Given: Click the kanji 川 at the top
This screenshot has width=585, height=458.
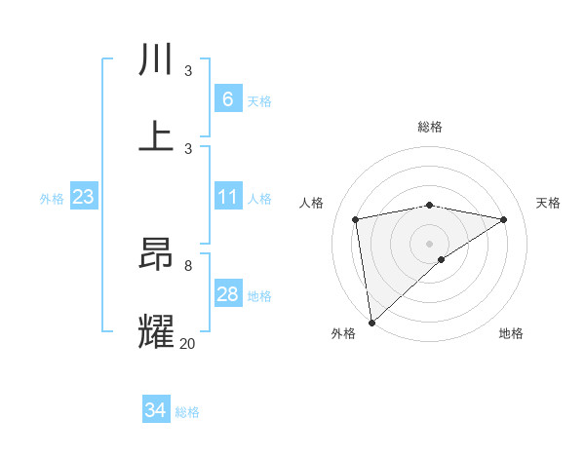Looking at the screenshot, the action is (156, 60).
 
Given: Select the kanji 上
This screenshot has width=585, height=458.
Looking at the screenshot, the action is (156, 135).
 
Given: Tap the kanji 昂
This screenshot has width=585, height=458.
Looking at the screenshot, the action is (156, 255).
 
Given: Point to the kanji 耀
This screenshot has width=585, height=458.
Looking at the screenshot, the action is (156, 331).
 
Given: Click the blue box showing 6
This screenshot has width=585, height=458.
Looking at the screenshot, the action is (227, 98).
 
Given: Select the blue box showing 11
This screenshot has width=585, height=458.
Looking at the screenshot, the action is (227, 197).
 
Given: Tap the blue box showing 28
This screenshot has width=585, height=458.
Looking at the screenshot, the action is (227, 294).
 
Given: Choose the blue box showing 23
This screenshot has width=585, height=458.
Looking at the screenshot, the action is (83, 197).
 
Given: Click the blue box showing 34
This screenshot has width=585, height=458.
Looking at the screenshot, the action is (155, 410).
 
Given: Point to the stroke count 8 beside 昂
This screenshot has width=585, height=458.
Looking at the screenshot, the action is (187, 265).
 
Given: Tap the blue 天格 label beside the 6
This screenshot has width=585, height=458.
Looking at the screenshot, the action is (259, 100).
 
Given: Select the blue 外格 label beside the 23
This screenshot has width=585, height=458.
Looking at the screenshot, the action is (52, 199).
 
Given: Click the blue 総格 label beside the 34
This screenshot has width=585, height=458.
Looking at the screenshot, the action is (187, 412).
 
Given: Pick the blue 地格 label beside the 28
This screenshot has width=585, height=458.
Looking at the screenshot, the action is (259, 296).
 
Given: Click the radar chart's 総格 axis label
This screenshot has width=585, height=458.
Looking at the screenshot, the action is (429, 127).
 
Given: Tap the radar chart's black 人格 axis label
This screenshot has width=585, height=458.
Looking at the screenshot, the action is (312, 203).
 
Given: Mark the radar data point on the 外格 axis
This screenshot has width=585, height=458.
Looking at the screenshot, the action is (371, 322).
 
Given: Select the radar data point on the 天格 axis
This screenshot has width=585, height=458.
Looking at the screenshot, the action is (504, 219).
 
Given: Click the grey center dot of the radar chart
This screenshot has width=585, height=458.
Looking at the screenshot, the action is (429, 243).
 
